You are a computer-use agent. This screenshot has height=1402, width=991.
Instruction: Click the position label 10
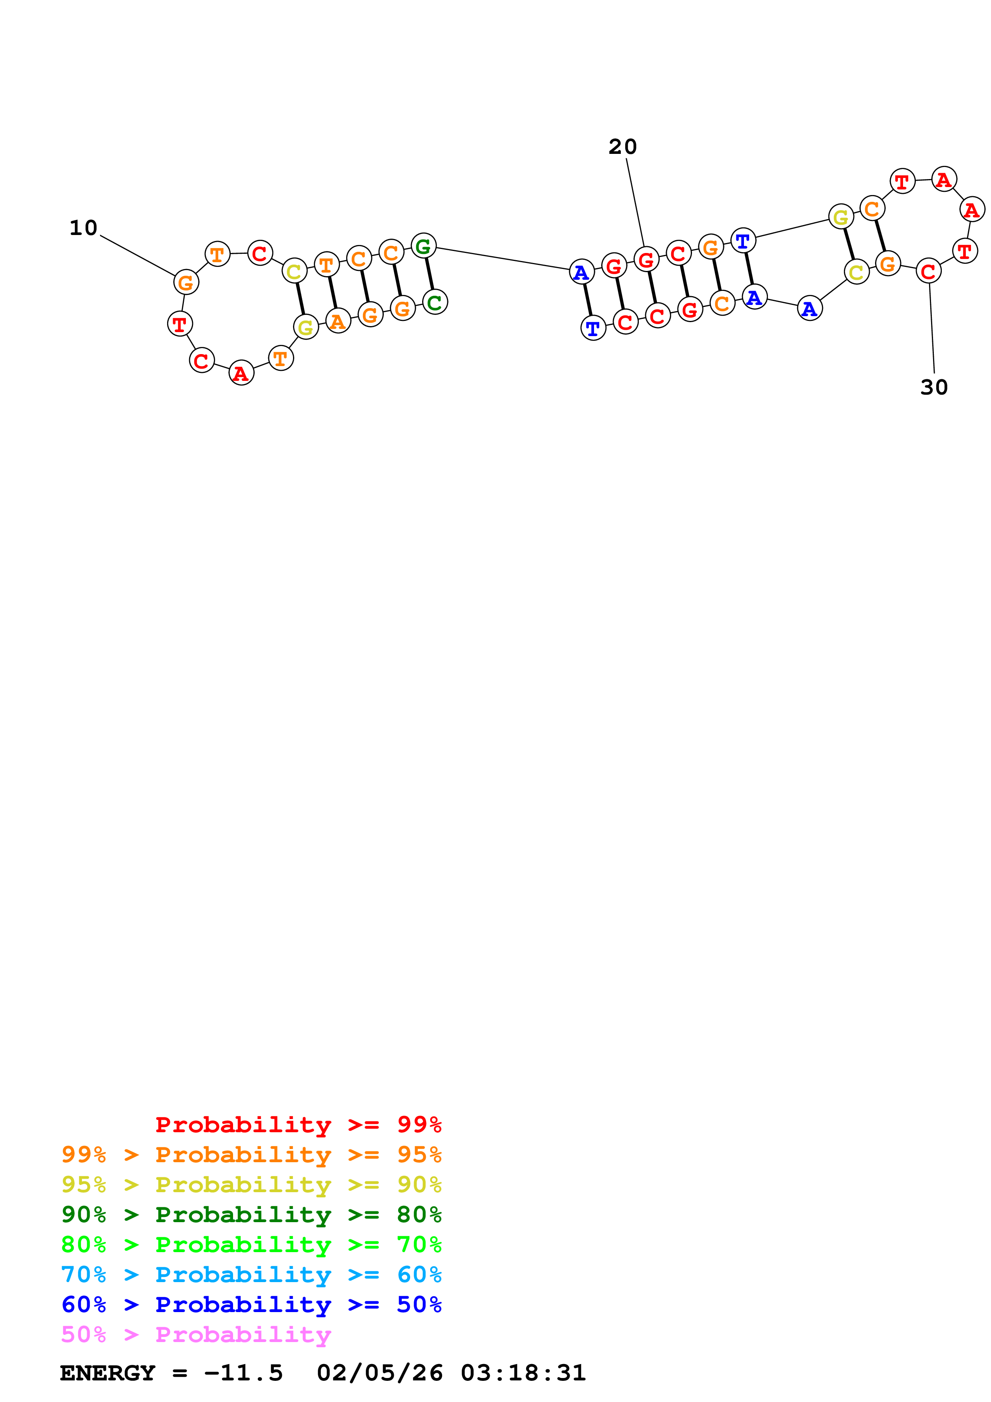(x=84, y=228)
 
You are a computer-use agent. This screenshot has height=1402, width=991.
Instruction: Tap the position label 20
(x=622, y=147)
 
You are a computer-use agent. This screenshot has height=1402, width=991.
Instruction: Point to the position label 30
(x=933, y=387)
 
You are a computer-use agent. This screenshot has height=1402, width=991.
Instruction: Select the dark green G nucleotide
(x=423, y=246)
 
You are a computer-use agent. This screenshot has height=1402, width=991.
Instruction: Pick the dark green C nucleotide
(x=435, y=302)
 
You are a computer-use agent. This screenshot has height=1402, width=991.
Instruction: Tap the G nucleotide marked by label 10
(x=185, y=282)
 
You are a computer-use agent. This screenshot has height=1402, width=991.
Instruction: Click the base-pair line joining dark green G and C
(x=429, y=274)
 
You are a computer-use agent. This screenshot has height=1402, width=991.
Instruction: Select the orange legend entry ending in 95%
(x=251, y=1154)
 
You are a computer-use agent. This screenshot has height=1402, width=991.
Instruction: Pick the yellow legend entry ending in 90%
(x=251, y=1184)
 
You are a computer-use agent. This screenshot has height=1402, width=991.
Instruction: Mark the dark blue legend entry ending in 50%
(x=251, y=1304)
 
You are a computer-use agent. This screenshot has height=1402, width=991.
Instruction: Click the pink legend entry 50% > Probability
(x=196, y=1334)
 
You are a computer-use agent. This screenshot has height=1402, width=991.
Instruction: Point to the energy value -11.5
(x=243, y=1373)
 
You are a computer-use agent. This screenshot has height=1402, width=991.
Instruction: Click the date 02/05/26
(x=380, y=1373)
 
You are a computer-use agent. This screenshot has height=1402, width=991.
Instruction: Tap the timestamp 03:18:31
(x=523, y=1373)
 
